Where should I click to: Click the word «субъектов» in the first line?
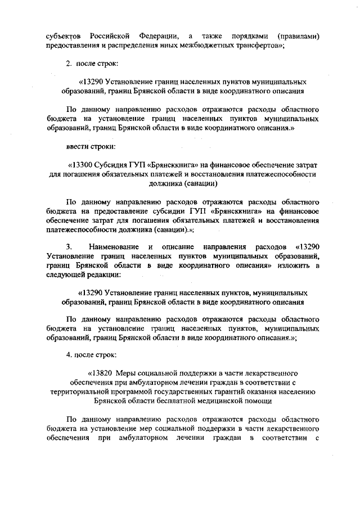pyautogui.click(x=64, y=37)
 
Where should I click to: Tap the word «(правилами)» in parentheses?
pyautogui.click(x=295, y=37)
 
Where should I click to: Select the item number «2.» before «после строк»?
pyautogui.click(x=69, y=65)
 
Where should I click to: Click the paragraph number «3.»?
pyautogui.click(x=69, y=247)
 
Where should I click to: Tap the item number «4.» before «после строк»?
pyautogui.click(x=69, y=355)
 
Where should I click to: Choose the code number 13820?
pyautogui.click(x=105, y=373)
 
